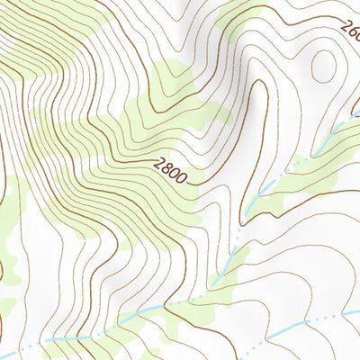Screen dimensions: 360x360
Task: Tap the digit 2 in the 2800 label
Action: click(159, 164)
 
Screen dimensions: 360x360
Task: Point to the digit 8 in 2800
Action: click(166, 168)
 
